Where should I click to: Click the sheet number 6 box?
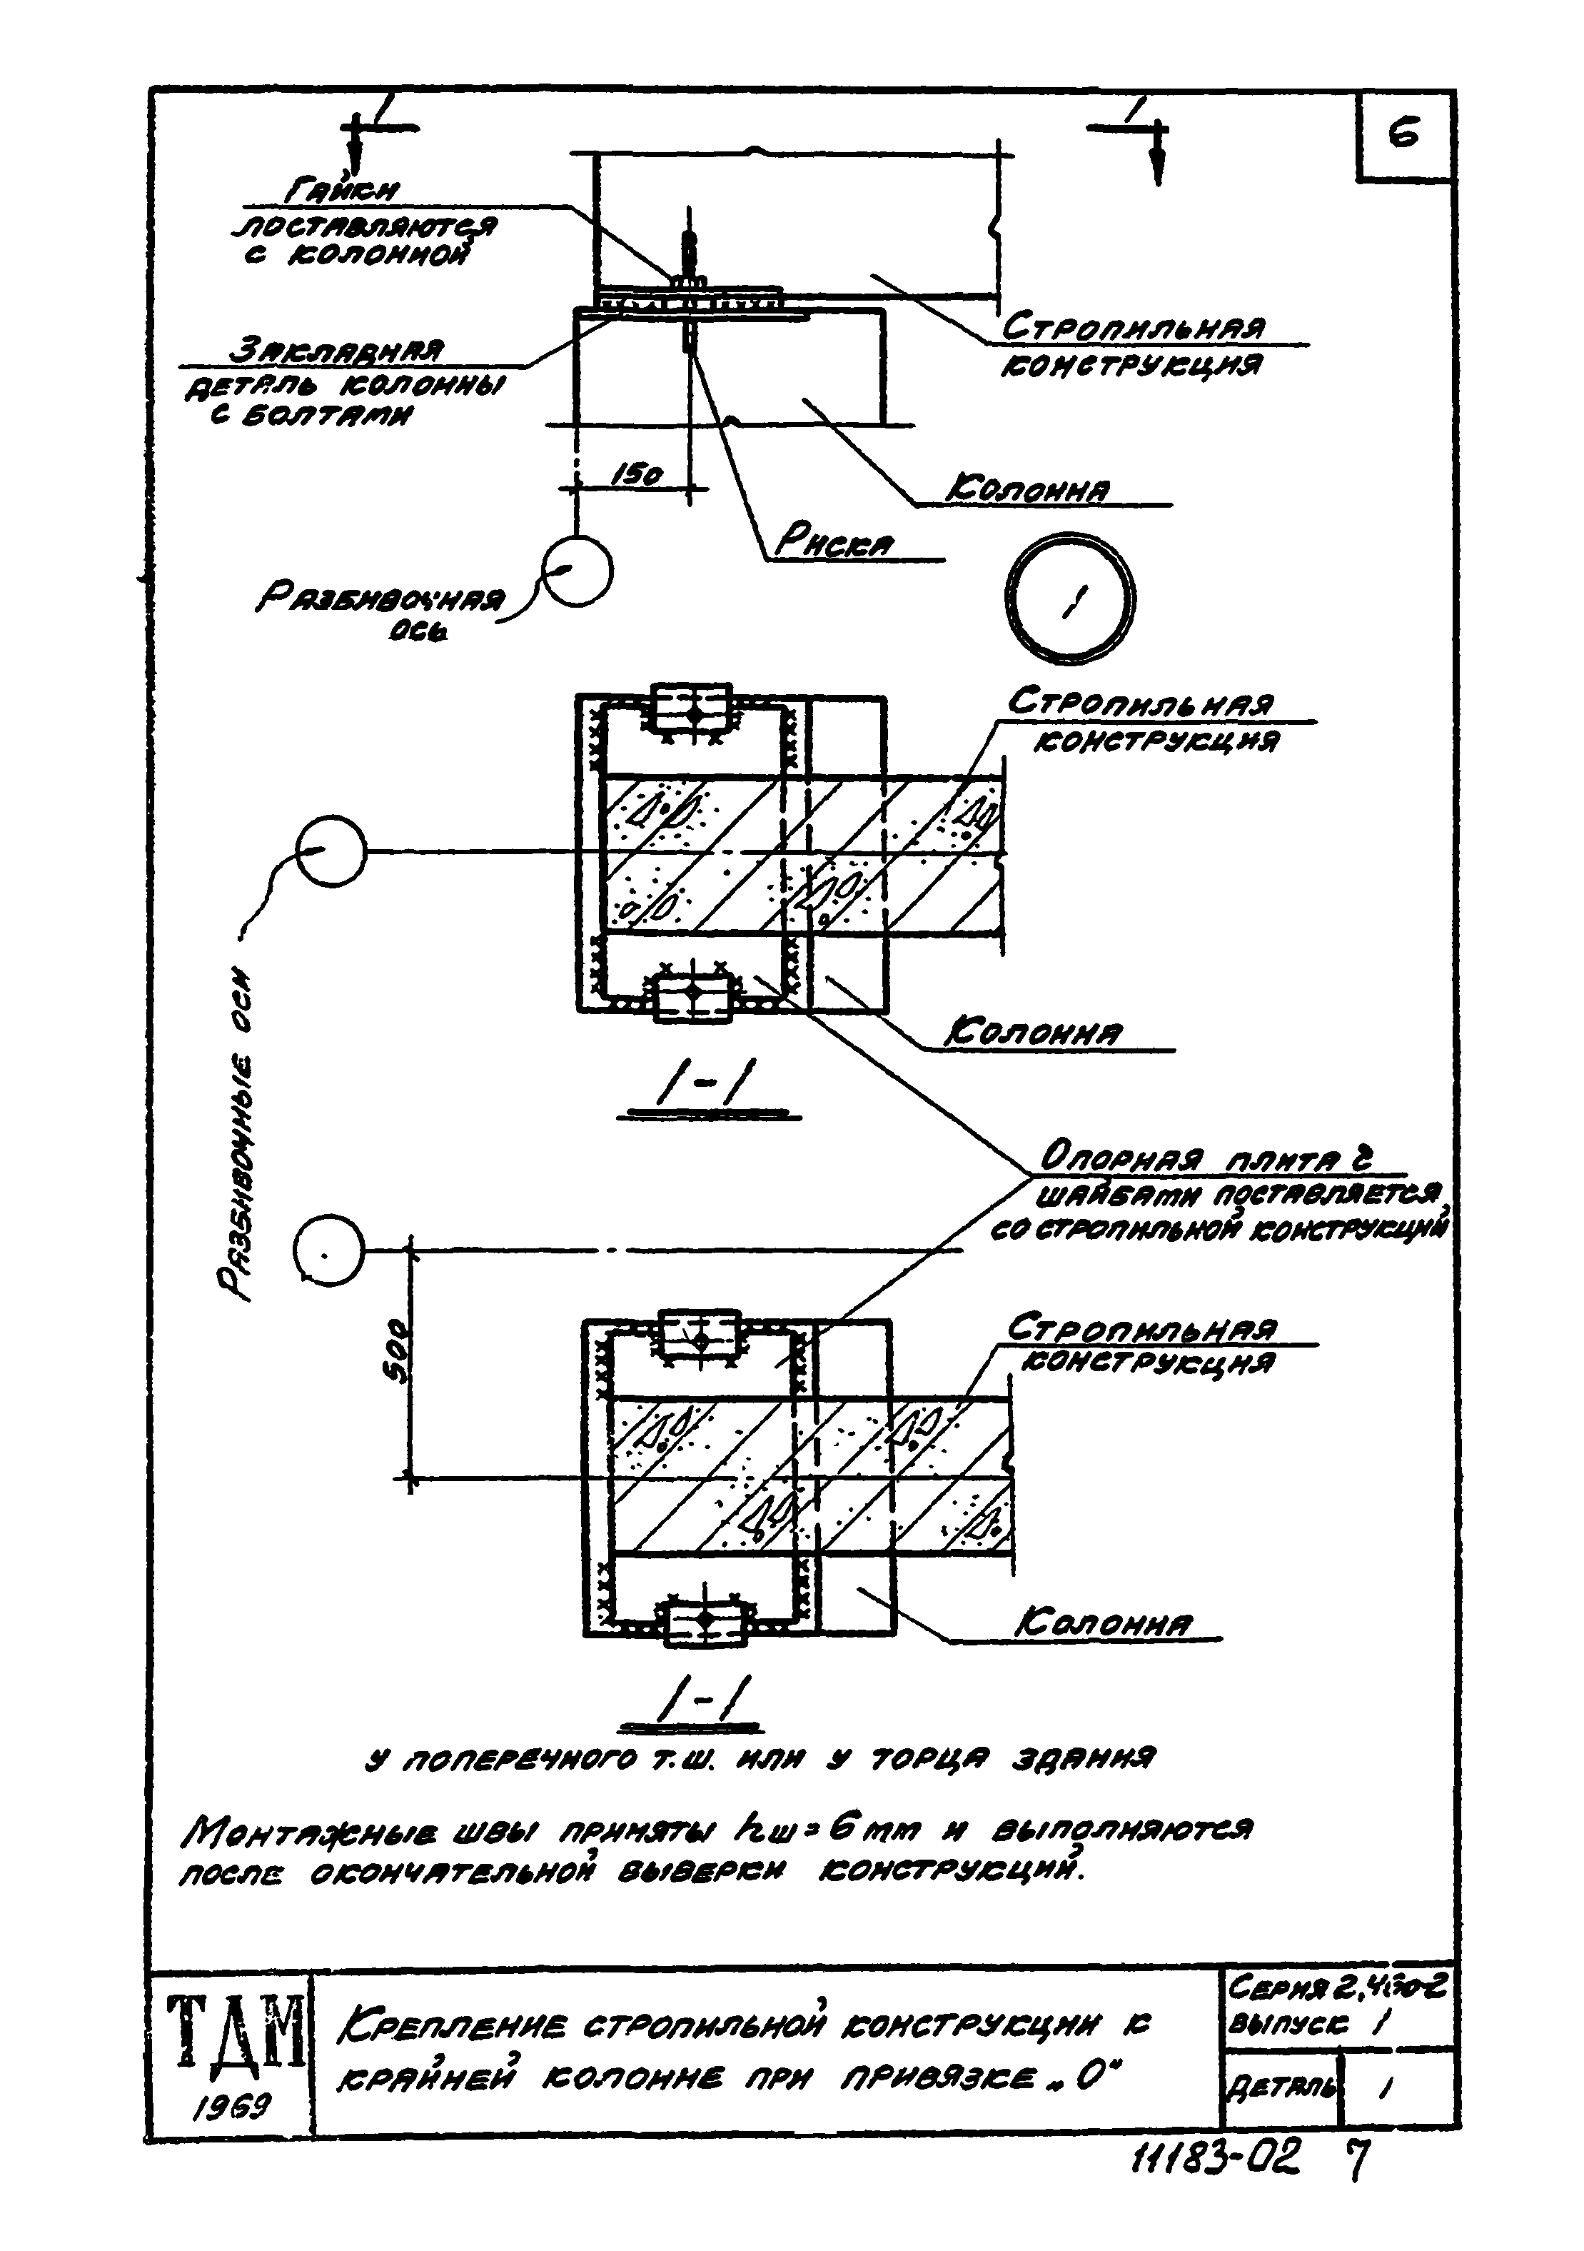tap(1403, 135)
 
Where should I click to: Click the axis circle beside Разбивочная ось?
tap(578, 571)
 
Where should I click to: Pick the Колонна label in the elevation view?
tap(1026, 489)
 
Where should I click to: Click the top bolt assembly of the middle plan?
tap(693, 709)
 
